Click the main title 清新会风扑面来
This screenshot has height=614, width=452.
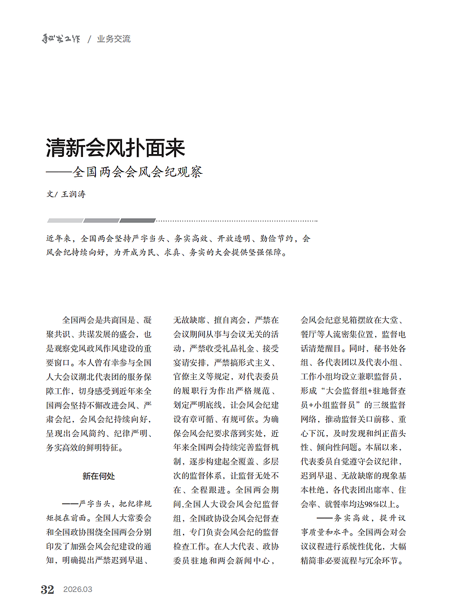pyautogui.click(x=115, y=148)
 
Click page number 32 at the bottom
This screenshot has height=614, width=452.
pyautogui.click(x=47, y=590)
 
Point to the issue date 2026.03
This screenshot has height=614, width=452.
pyautogui.click(x=77, y=590)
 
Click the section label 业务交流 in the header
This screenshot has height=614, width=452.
pyautogui.click(x=114, y=39)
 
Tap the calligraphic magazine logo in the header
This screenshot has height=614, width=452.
pyautogui.click(x=63, y=39)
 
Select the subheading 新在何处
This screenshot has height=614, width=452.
pyautogui.click(x=99, y=476)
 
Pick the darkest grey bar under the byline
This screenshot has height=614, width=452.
pyautogui.click(x=137, y=221)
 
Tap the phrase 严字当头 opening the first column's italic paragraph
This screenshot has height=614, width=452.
pyautogui.click(x=97, y=504)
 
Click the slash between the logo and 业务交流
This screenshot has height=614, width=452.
pyautogui.click(x=89, y=39)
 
